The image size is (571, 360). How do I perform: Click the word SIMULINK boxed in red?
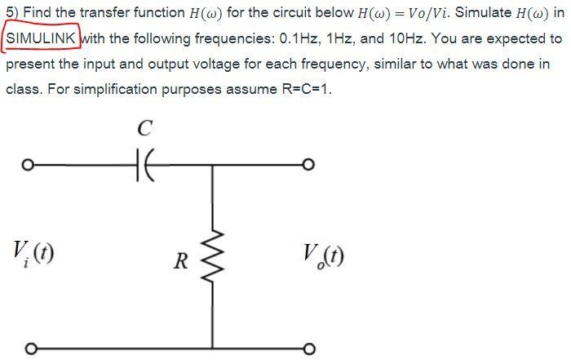click(41, 38)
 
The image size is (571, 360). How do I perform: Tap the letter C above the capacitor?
click(144, 129)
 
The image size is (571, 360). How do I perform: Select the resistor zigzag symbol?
click(215, 260)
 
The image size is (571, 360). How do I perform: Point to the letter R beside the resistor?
click(183, 262)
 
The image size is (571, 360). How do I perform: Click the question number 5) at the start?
click(11, 14)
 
